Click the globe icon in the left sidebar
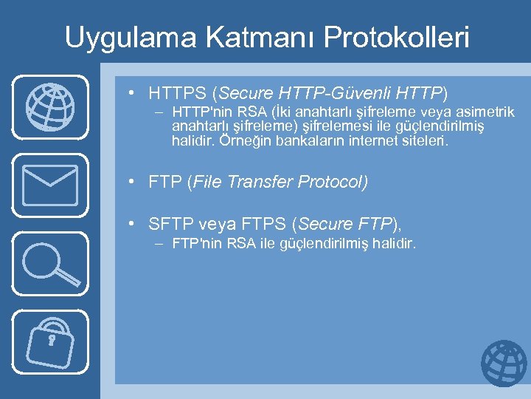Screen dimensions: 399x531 click(x=49, y=106)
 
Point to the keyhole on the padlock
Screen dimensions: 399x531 click(x=52, y=341)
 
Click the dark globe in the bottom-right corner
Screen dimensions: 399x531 click(x=504, y=364)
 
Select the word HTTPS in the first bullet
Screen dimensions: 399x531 click(x=178, y=94)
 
